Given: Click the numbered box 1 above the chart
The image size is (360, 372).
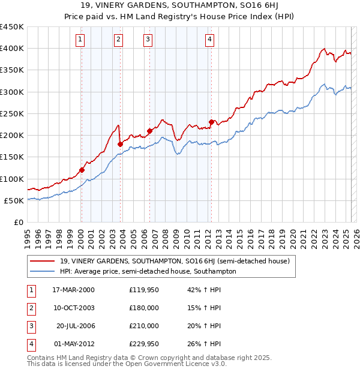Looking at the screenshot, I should tap(80, 40).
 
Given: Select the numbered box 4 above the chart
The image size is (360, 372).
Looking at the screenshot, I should tap(210, 40).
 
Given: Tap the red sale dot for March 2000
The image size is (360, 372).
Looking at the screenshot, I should tap(82, 170).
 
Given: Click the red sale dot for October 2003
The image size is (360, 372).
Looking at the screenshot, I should tap(120, 144).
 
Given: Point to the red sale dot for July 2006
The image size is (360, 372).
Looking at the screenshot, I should tap(149, 131).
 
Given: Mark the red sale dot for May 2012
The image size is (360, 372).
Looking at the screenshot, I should tap(211, 122).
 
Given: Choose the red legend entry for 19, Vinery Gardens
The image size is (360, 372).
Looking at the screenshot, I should tap(175, 261).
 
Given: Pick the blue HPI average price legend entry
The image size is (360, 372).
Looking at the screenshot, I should tap(148, 271).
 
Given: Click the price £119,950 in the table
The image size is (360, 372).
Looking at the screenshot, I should tap(144, 290).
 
